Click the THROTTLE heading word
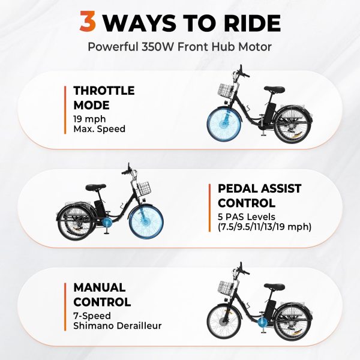(x=104, y=91)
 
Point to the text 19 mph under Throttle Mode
(x=89, y=119)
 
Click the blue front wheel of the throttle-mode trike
(x=224, y=125)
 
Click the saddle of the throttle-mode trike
(x=274, y=89)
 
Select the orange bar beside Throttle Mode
(x=65, y=110)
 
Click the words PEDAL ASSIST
(x=259, y=188)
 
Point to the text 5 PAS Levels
(x=247, y=217)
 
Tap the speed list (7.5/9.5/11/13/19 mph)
(x=265, y=227)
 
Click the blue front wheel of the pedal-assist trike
(x=146, y=223)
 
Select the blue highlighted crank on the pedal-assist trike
(x=107, y=222)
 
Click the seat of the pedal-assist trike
(x=96, y=187)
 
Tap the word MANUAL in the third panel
(x=100, y=287)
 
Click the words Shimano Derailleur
(x=118, y=326)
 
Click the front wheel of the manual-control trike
(x=224, y=322)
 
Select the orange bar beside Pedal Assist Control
(x=209, y=208)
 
